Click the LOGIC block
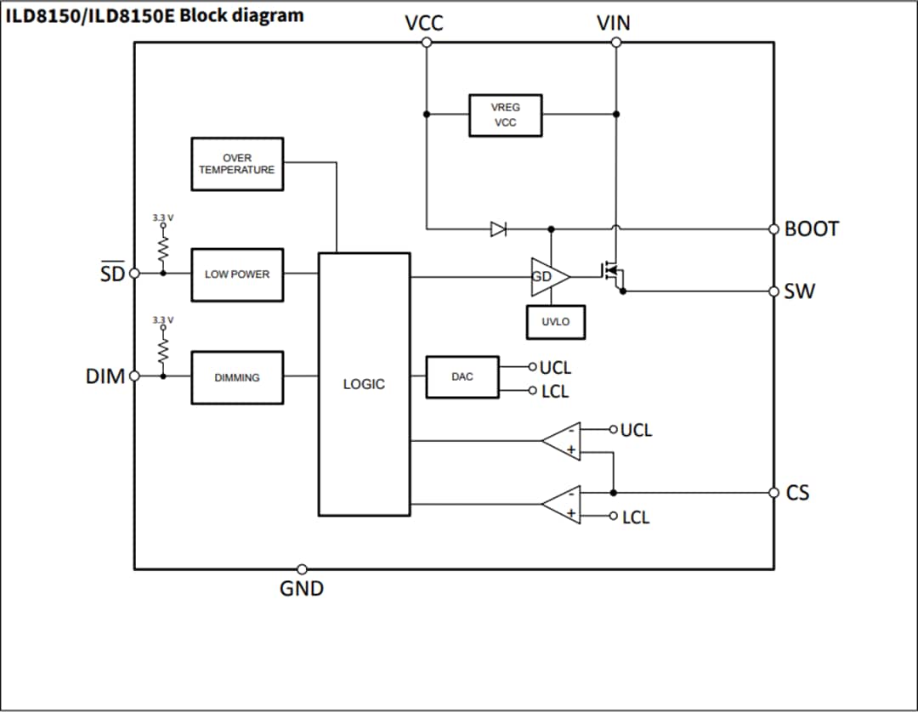tap(364, 384)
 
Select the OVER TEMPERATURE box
tap(236, 164)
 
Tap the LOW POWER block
tap(237, 274)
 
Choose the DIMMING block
tap(237, 377)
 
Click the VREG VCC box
tap(505, 115)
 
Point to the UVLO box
tap(555, 322)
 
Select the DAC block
tap(462, 376)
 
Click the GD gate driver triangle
tap(547, 276)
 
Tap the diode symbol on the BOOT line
tap(498, 229)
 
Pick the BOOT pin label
tap(812, 229)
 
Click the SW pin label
tap(799, 291)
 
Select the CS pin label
tap(797, 493)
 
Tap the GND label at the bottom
tap(302, 588)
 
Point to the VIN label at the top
tap(614, 24)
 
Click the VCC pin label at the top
tap(423, 24)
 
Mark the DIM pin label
tap(105, 376)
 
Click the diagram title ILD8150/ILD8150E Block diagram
tap(155, 15)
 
